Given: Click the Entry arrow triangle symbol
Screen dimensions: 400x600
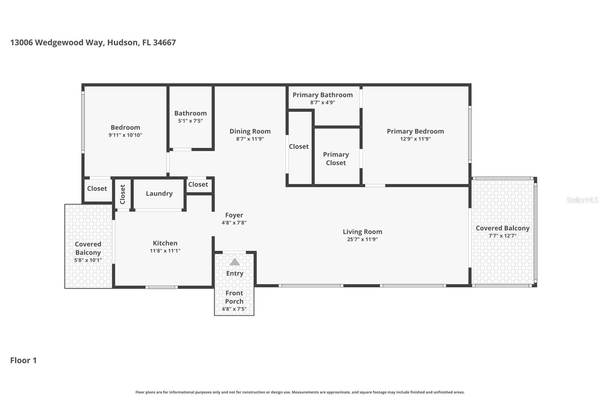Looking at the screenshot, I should tap(235, 262).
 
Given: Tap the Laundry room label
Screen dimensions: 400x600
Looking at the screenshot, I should tap(159, 194).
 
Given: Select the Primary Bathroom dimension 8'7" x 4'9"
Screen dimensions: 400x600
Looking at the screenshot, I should tap(322, 102).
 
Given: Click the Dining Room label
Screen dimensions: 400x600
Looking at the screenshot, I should tap(250, 131).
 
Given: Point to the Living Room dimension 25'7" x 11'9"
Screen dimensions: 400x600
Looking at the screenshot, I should tap(362, 239).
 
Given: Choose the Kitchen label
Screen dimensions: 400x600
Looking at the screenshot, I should tap(165, 243).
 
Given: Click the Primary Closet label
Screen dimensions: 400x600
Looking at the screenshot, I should tap(336, 159).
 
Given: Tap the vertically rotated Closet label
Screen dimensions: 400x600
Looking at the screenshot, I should tap(123, 194).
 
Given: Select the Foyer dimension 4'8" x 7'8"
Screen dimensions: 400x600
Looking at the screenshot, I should tap(234, 223).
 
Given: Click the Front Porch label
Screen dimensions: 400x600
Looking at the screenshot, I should tap(234, 297).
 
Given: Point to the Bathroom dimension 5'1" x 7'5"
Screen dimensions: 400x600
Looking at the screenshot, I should tap(190, 121).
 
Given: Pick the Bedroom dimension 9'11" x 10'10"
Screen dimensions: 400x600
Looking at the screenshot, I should tap(125, 135).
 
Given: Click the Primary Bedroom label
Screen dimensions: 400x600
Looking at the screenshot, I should tap(415, 131).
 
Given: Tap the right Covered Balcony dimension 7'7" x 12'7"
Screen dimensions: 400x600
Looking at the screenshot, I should tap(502, 236).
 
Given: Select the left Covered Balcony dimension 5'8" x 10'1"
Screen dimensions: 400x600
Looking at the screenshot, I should tap(88, 260).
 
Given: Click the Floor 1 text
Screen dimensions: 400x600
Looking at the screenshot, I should tap(23, 360).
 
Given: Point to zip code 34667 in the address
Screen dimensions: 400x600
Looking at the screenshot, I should tap(164, 42).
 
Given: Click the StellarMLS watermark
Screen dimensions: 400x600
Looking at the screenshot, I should tap(582, 200).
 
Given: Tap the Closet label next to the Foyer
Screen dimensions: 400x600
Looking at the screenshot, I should tap(198, 185).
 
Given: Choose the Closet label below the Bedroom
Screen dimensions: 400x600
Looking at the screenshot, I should tap(97, 189).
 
